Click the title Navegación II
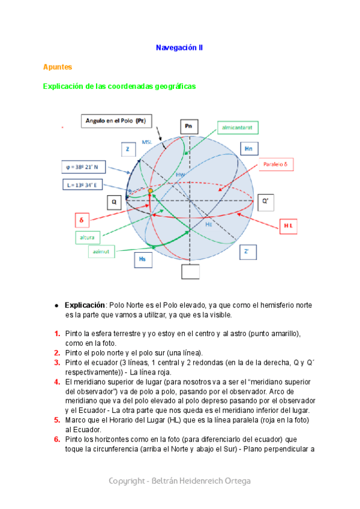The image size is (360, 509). tap(179, 47)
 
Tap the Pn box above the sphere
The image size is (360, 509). tap(189, 126)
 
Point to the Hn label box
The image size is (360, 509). tap(248, 148)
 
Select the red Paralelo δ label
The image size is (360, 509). tap(278, 165)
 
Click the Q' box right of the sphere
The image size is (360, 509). tap(267, 202)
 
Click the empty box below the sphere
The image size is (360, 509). tap(189, 271)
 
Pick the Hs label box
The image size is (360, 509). tap(142, 259)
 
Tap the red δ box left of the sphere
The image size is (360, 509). tap(82, 220)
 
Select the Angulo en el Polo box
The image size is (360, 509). tap(115, 121)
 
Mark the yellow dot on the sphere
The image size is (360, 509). tap(150, 191)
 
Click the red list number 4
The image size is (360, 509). tap(57, 381)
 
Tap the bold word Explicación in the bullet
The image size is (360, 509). tap(85, 305)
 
